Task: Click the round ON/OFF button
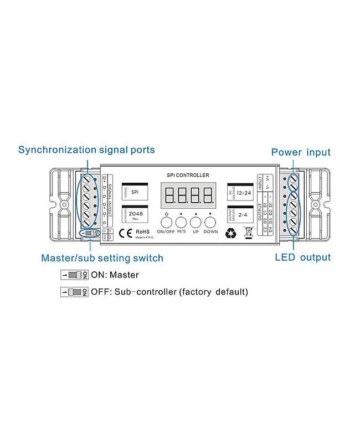[x=166, y=223]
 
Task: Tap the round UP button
[x=196, y=223]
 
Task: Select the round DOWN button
[x=210, y=223]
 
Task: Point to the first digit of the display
[x=169, y=195]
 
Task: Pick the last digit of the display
[x=208, y=195]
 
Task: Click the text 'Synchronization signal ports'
[x=86, y=150]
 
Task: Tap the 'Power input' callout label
[x=301, y=152]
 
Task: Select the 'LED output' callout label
[x=302, y=257]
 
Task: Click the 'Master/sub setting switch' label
[x=102, y=258]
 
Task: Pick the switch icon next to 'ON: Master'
[x=74, y=275]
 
